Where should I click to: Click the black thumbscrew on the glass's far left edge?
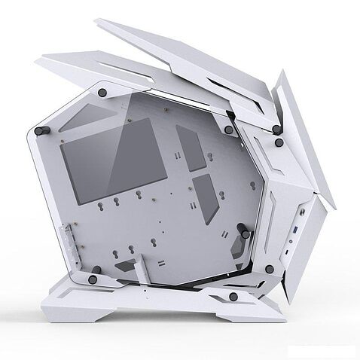[x=42, y=130]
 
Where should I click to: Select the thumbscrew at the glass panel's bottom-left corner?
[x=93, y=279]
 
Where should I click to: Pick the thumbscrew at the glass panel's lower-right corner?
[x=269, y=269]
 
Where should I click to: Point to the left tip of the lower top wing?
[x=41, y=60]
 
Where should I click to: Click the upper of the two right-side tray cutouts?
[x=191, y=147]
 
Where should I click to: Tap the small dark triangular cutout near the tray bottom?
[x=127, y=266]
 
